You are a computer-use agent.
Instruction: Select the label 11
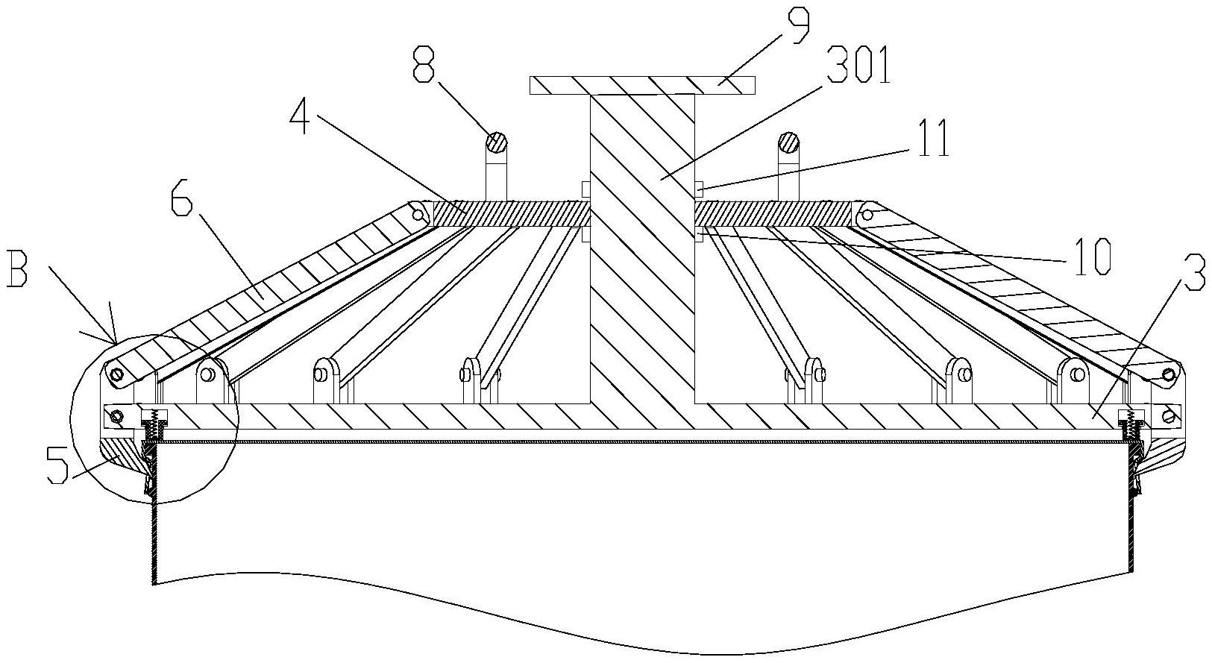(933, 139)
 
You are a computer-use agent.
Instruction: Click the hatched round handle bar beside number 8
(497, 141)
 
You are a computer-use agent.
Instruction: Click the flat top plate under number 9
(641, 85)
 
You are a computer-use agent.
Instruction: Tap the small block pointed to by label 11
(700, 189)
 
